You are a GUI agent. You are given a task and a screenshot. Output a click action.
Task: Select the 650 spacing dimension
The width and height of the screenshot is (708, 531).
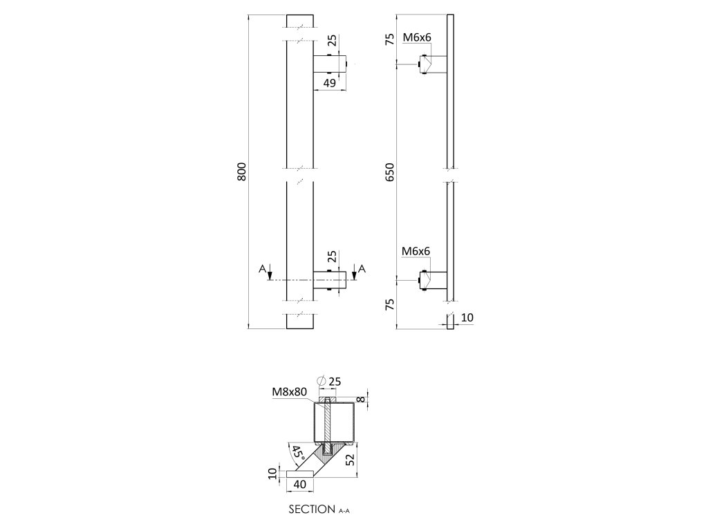[389, 171]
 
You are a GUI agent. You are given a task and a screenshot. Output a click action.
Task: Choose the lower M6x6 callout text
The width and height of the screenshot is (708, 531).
[416, 252]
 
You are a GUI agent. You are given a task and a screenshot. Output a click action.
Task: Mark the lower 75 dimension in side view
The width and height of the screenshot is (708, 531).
[389, 305]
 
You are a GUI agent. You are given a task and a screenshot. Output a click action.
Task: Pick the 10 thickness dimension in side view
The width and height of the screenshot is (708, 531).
[467, 317]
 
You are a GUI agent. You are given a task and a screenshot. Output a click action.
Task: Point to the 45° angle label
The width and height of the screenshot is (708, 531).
[298, 455]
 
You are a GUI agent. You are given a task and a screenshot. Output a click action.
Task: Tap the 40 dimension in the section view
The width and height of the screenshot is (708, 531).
[300, 485]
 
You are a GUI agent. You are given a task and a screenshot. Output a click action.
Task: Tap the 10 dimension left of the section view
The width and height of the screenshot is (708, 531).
[273, 474]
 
